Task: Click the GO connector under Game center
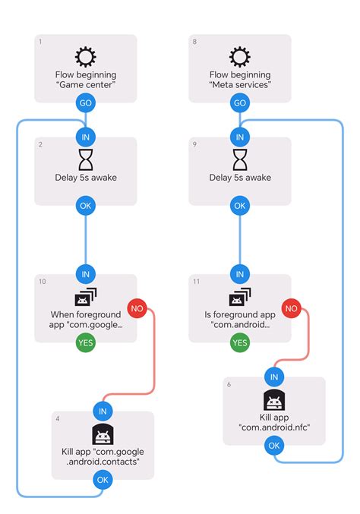[x=86, y=102]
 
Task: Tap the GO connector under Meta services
[x=240, y=102]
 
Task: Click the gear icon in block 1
[x=86, y=56]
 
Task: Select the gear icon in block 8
[x=240, y=56]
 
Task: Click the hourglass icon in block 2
[x=86, y=159]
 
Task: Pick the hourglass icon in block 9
[x=240, y=159]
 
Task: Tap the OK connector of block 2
[x=86, y=206]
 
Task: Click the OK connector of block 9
[x=240, y=206]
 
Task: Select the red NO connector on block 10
[x=137, y=308]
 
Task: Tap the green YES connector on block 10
[x=86, y=343]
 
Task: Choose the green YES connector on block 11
[x=240, y=343]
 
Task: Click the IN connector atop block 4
[x=103, y=412]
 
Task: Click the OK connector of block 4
[x=103, y=480]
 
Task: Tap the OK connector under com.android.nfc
[x=274, y=446]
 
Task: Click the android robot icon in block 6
[x=274, y=401]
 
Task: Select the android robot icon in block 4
[x=103, y=435]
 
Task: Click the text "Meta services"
[x=240, y=86]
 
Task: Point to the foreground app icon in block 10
[x=86, y=297]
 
